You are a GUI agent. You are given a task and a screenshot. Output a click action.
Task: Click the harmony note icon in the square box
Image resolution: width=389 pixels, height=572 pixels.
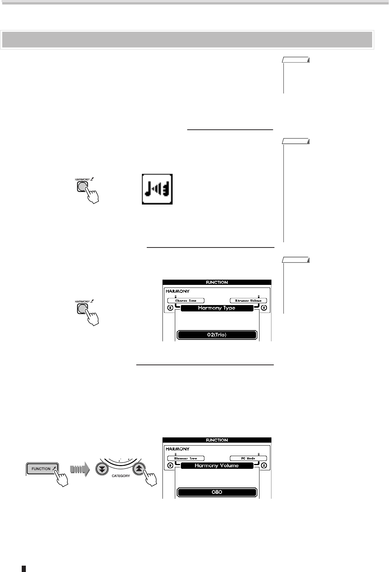click(157, 189)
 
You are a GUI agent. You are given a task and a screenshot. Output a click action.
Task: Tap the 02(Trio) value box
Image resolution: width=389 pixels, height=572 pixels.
click(217, 335)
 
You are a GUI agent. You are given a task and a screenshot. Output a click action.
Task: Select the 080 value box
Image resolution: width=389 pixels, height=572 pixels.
click(217, 492)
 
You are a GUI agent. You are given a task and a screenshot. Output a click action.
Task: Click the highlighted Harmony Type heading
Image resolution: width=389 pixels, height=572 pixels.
click(217, 308)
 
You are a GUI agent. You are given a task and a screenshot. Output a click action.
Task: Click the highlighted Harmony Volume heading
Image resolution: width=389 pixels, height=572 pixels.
click(217, 465)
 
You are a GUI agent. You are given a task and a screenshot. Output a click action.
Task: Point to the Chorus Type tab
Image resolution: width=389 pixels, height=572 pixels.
click(186, 301)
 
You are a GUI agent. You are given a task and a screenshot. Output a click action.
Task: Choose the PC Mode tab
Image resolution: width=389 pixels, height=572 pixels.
click(248, 458)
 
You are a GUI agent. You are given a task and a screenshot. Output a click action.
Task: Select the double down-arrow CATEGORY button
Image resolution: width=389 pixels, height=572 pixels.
click(101, 469)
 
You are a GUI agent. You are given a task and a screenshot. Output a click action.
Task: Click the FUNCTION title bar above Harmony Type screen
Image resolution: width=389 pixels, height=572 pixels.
click(217, 282)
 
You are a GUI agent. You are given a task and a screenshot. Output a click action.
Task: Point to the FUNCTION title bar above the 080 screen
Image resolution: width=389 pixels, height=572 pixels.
click(217, 440)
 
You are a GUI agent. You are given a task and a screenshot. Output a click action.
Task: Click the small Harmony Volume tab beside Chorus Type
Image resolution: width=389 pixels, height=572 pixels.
click(248, 301)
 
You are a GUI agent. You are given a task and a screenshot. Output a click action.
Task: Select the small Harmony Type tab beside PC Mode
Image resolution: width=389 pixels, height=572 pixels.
click(186, 458)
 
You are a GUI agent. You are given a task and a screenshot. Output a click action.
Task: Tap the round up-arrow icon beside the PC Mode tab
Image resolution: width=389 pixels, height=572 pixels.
click(264, 465)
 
